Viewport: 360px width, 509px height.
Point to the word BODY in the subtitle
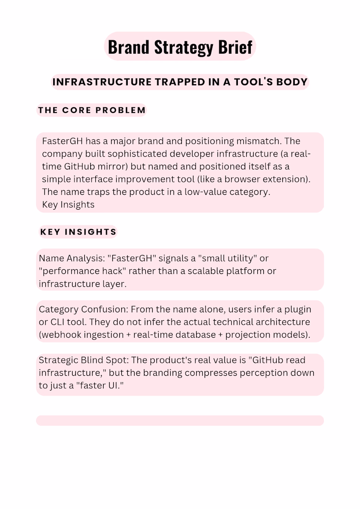[x=292, y=82]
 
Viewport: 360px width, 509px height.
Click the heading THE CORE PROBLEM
[x=92, y=110]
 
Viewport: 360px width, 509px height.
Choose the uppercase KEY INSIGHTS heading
[x=79, y=232]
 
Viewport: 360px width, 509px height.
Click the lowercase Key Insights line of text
[x=68, y=205]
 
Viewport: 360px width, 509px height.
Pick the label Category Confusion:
[x=84, y=309]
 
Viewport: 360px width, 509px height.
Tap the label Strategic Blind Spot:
[x=85, y=360]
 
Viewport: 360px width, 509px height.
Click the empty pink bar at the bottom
[x=180, y=420]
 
